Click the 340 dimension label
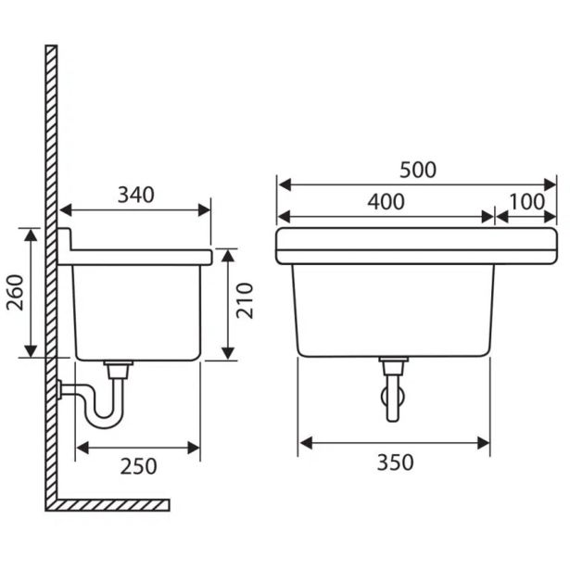tap(136, 195)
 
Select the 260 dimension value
tap(15, 293)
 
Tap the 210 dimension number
tap(245, 300)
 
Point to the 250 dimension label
tap(138, 466)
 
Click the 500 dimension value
tap(418, 171)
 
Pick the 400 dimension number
tap(386, 202)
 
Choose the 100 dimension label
tap(526, 202)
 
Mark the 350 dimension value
tap(395, 462)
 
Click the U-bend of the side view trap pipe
tap(105, 422)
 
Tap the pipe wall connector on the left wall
tap(59, 389)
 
